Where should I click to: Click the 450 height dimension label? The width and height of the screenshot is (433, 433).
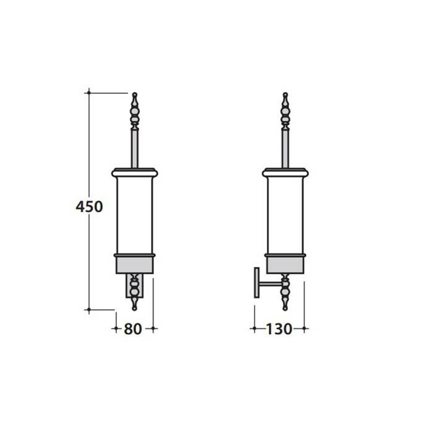89,207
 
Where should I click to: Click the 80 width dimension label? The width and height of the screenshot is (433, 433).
133,329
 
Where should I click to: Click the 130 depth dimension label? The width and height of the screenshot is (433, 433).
279,329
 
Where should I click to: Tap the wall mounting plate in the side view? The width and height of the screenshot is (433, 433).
257,283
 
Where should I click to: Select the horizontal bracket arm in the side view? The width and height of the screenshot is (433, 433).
270,283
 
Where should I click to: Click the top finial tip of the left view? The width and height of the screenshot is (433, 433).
135,94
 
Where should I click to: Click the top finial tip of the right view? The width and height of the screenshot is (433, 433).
286,94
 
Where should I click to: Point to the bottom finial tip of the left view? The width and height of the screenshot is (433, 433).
134,309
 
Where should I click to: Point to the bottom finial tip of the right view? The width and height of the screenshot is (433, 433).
285,309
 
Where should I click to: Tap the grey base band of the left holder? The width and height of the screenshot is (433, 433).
134,265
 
